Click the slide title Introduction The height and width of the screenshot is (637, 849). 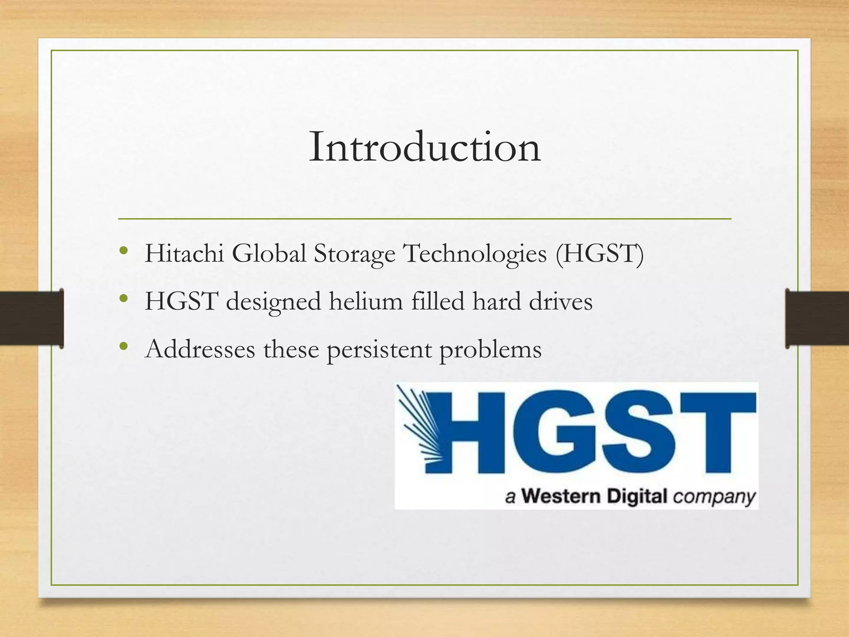click(424, 147)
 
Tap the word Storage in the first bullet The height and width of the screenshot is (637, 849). click(354, 254)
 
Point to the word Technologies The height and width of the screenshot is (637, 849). click(475, 254)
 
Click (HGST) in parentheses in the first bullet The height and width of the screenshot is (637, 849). click(600, 254)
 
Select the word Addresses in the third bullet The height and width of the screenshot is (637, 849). click(200, 349)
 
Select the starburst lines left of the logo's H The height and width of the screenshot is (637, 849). click(419, 427)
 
